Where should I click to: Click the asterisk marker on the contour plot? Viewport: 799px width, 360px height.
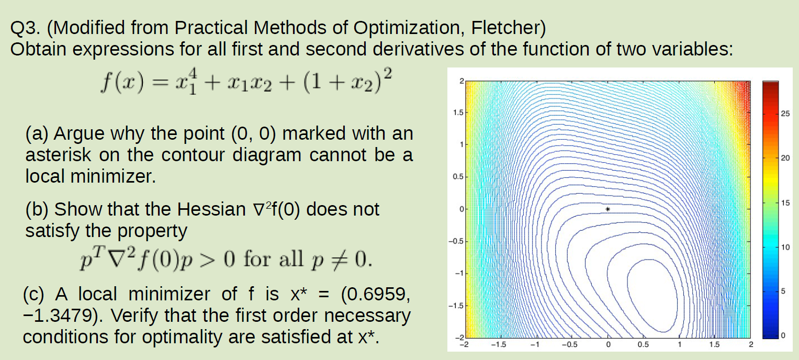click(x=607, y=209)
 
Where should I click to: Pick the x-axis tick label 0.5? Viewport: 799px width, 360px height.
click(x=643, y=345)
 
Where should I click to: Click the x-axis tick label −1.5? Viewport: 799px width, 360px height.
click(x=500, y=345)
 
